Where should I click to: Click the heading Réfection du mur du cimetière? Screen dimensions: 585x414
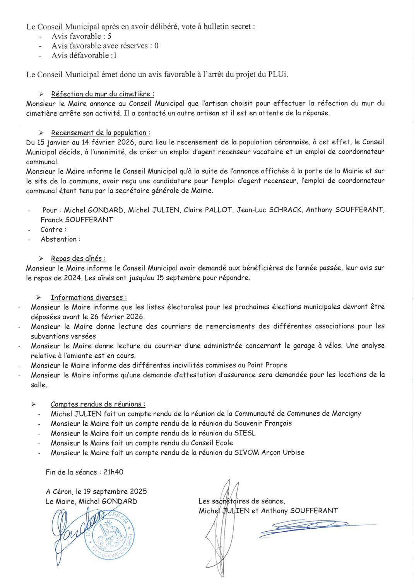click(103, 94)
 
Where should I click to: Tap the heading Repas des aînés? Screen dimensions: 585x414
click(78, 258)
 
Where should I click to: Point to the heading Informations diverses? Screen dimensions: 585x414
click(89, 298)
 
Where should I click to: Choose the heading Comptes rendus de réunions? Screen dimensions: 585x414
click(98, 404)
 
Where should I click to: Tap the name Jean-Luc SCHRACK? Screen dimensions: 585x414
click(269, 210)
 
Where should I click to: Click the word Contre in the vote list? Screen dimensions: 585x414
click(52, 230)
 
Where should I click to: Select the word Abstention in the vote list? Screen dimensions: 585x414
click(59, 239)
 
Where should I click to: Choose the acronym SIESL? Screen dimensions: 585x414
click(245, 433)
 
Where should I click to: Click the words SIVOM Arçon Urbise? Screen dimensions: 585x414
click(269, 452)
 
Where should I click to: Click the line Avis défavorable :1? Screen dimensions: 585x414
click(84, 55)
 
